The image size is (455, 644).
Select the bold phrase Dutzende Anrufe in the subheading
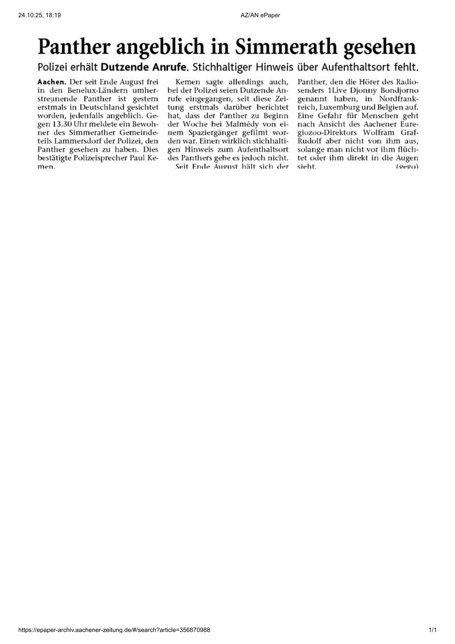pyautogui.click(x=144, y=68)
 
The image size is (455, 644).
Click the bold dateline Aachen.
pyautogui.click(x=52, y=82)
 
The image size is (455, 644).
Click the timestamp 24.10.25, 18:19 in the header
pyautogui.click(x=39, y=15)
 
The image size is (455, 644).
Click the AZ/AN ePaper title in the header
pyautogui.click(x=260, y=15)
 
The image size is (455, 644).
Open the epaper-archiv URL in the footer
pyautogui.click(x=114, y=630)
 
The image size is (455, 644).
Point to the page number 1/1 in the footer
pyautogui.click(x=433, y=630)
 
